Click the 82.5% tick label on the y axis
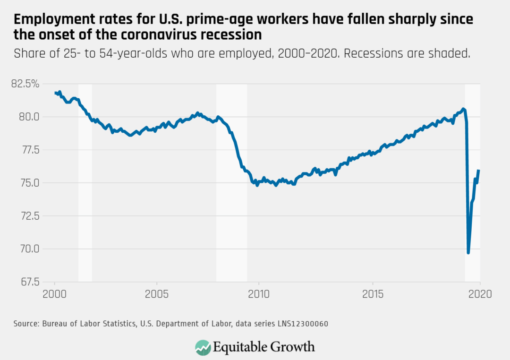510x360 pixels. [x=25, y=84]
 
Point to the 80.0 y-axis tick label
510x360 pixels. [x=29, y=117]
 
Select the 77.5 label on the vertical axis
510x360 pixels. [x=30, y=150]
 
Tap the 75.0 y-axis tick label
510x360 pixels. [x=30, y=183]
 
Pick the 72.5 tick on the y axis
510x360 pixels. [x=30, y=216]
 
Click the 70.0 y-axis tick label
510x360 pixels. [x=30, y=249]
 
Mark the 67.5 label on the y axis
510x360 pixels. [x=30, y=282]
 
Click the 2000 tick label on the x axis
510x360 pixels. [x=54, y=294]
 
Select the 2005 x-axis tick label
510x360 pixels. [x=157, y=294]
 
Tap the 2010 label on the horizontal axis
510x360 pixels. [x=259, y=294]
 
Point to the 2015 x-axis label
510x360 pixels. [x=373, y=294]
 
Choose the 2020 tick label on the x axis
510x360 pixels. [x=480, y=294]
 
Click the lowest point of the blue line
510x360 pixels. [x=468, y=253]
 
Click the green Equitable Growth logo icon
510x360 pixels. [x=203, y=347]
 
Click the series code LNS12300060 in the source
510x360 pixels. [x=303, y=324]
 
